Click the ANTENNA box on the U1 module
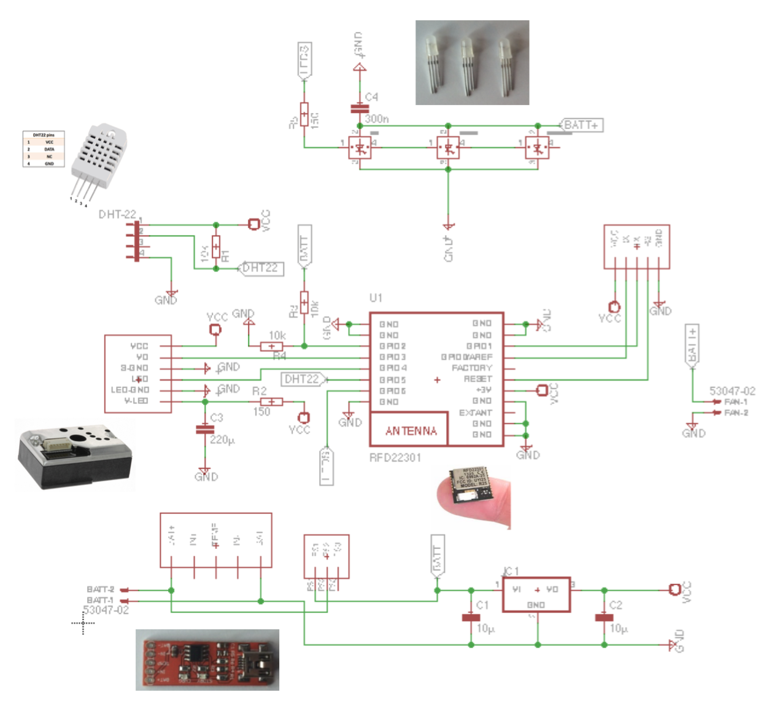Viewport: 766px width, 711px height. click(x=410, y=430)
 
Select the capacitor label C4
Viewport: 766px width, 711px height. click(x=371, y=97)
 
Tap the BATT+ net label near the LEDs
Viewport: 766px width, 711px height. click(x=581, y=125)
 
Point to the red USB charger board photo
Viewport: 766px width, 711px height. click(x=207, y=659)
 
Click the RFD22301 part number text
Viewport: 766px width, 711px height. click(x=395, y=457)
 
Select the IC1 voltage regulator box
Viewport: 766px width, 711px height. click(x=536, y=594)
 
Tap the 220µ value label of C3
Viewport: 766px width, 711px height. click(x=222, y=440)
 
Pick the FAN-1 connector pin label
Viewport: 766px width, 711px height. click(x=736, y=402)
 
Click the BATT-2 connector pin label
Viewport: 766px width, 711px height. click(x=100, y=589)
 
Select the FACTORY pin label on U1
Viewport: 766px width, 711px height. click(x=471, y=368)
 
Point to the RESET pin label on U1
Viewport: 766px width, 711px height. click(x=478, y=379)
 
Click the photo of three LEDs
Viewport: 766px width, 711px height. click(x=472, y=62)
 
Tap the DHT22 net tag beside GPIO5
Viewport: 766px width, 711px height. click(x=302, y=379)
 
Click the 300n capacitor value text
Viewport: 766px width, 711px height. click(x=377, y=118)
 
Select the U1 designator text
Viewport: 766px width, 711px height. click(x=376, y=298)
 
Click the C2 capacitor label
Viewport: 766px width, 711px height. click(x=616, y=605)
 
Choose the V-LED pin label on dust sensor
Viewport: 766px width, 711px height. click(x=136, y=401)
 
